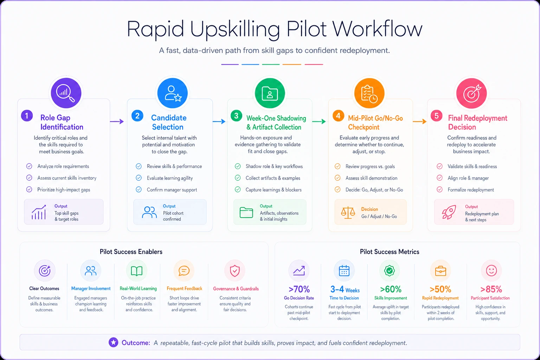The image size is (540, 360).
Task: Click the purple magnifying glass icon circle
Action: coord(66,93)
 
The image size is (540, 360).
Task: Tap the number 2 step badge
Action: coord(137,116)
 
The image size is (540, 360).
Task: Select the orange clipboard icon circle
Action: coord(369,93)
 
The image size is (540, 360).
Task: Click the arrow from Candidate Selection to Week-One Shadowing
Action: coord(219,121)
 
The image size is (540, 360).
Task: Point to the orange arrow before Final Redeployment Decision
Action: coord(419,121)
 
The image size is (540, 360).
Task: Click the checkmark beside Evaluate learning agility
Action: coord(139,178)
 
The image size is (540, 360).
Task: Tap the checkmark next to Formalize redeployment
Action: coord(439,189)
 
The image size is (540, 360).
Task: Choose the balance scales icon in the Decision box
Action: coord(348,212)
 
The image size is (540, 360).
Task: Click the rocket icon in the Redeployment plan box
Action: coord(449,212)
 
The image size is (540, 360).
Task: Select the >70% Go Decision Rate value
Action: coord(299,289)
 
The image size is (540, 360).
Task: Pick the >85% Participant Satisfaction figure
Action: coord(491,289)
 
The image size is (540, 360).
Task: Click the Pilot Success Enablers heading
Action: coord(131,252)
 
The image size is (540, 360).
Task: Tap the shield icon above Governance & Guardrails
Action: coord(235,271)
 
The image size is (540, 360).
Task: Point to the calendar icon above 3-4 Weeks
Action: coord(344,271)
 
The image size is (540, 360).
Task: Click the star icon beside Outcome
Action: coord(113,342)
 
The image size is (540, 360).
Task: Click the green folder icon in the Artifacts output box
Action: coord(246,212)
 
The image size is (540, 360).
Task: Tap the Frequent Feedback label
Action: coord(185,288)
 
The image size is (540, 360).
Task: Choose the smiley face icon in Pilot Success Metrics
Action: coord(491,271)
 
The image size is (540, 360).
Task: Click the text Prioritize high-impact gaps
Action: coord(64,190)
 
